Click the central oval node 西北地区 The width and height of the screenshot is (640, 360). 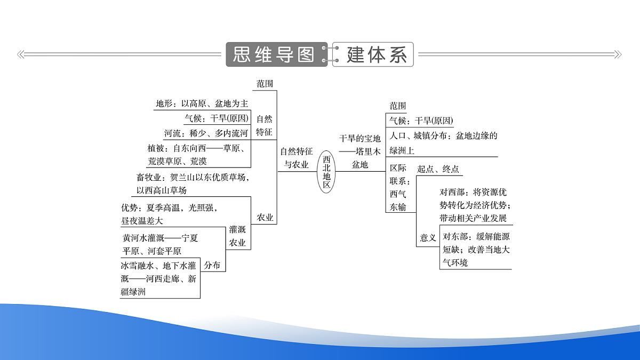tap(326, 171)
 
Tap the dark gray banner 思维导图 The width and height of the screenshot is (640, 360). tap(277, 54)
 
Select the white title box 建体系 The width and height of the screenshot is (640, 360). tap(373, 54)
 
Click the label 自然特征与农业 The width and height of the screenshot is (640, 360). tap(297, 158)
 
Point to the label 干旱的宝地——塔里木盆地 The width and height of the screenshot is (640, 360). tap(359, 151)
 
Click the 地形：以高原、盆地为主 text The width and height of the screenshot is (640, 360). tap(202, 103)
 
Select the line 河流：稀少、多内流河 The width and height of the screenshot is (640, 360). tap(206, 133)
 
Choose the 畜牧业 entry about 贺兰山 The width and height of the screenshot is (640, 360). tap(193, 183)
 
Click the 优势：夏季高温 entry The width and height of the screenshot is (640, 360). tap(170, 214)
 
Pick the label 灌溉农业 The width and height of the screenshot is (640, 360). tap(237, 236)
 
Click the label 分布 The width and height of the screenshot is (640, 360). tap(212, 265)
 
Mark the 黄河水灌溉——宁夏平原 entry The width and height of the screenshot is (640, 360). tap(160, 244)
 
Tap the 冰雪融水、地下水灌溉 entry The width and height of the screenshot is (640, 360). tap(158, 279)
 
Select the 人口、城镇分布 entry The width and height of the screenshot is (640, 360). tap(443, 143)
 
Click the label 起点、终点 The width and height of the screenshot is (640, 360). tap(438, 169)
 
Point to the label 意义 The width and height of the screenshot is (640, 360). tap(428, 237)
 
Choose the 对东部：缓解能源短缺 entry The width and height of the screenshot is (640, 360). tap(476, 250)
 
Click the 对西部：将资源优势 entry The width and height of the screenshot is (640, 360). tap(475, 205)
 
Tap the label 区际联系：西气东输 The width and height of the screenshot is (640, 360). tap(399, 187)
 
